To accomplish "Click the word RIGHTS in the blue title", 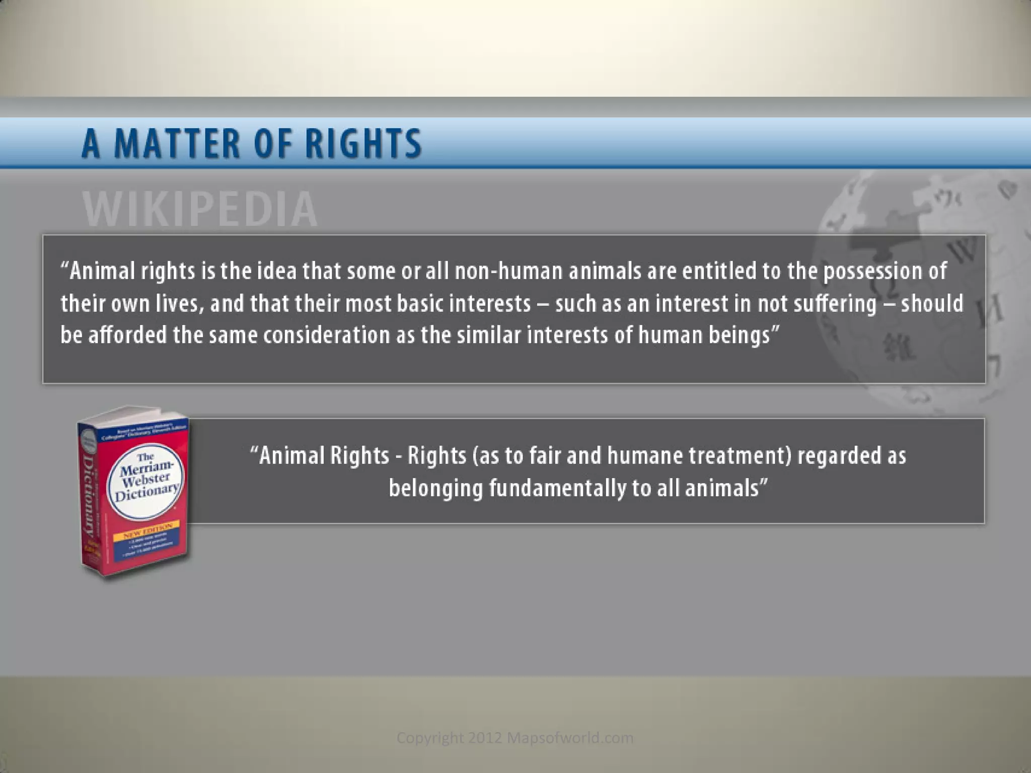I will click(x=363, y=143).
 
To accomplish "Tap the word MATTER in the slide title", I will click(x=177, y=143).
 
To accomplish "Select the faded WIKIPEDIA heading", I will click(x=200, y=209).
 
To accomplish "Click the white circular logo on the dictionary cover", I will click(x=146, y=481).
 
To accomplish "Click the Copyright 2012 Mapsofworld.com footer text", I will click(x=515, y=738).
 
